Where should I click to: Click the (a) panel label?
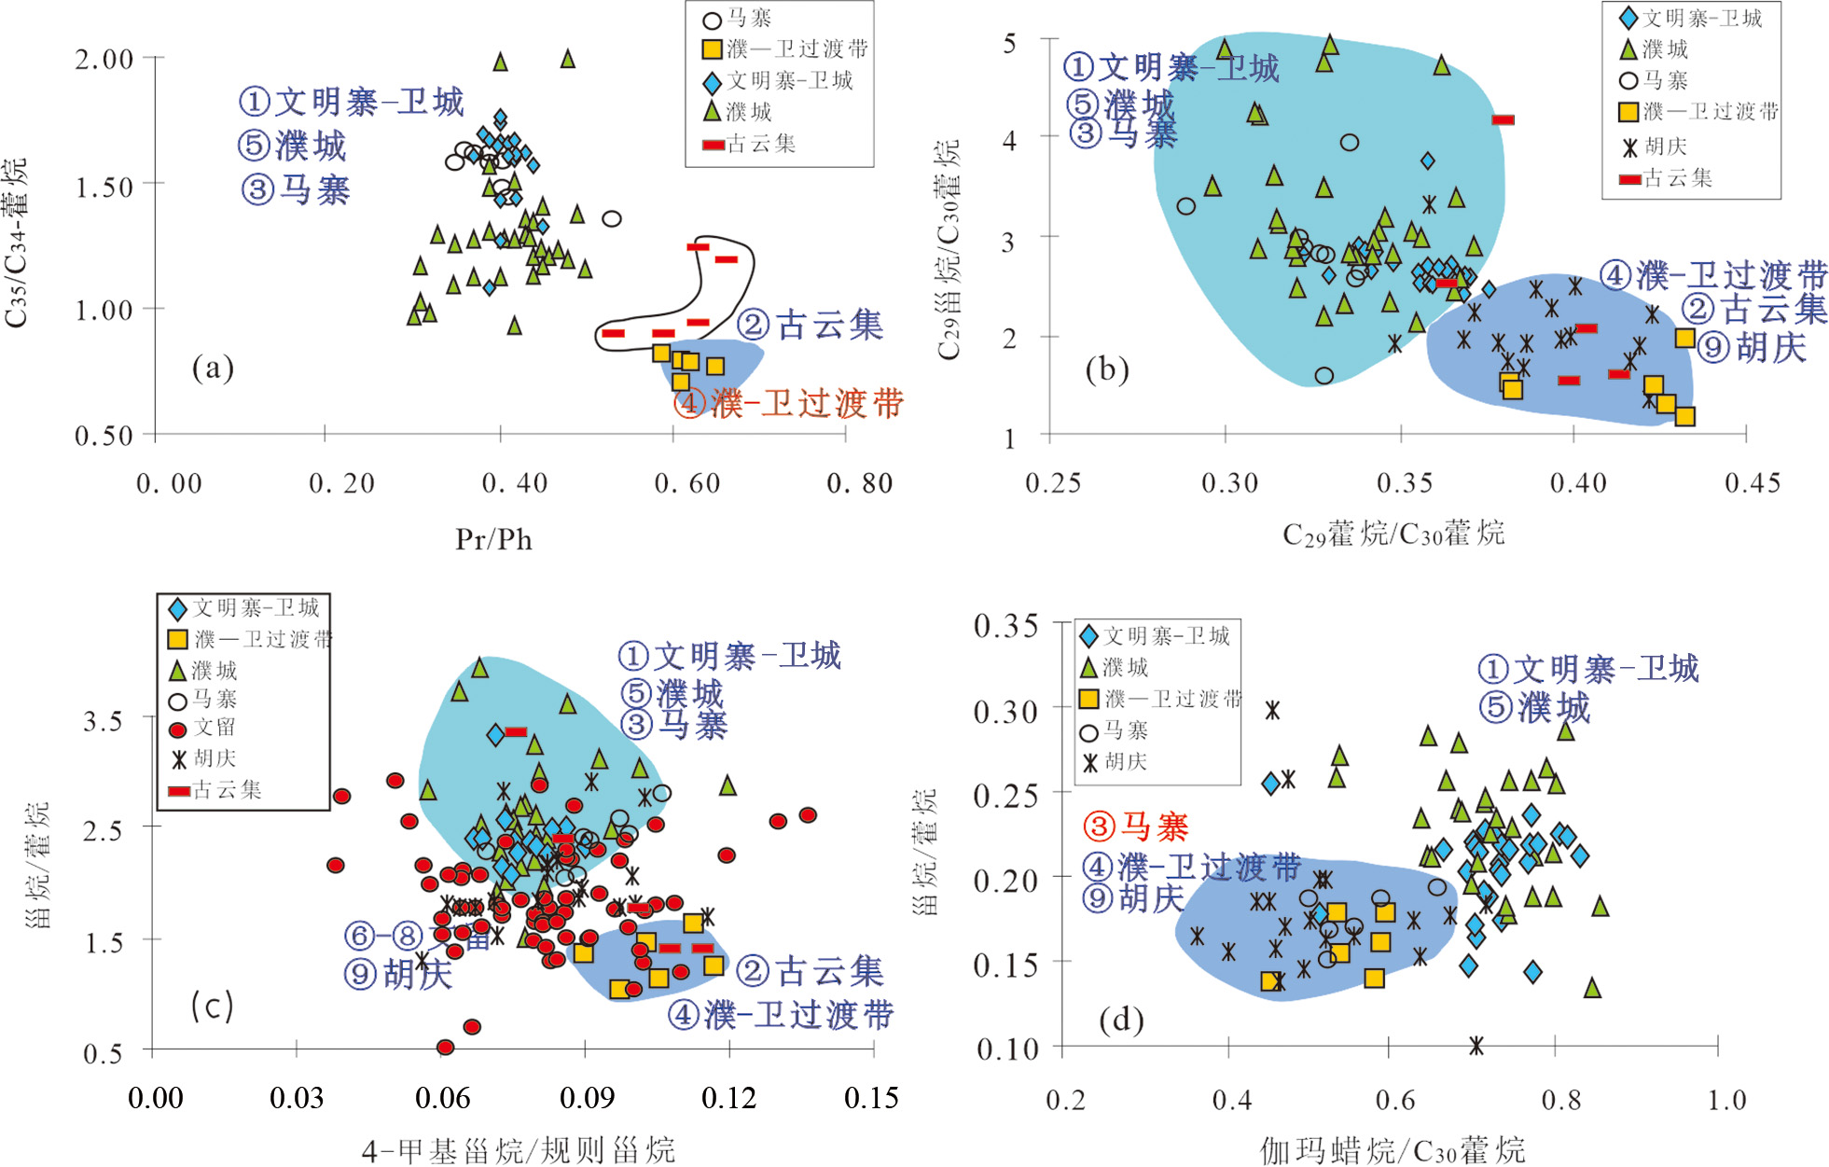coord(213,368)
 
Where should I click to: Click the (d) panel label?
coord(1121,1019)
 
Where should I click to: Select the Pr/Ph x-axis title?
coord(493,539)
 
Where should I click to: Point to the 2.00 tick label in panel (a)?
coord(104,60)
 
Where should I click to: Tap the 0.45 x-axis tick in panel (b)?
coord(1753,483)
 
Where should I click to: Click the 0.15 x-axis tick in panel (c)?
coord(871,1098)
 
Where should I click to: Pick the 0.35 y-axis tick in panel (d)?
coord(1005,626)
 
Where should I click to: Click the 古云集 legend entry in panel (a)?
coord(750,144)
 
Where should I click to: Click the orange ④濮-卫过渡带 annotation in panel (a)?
coord(789,404)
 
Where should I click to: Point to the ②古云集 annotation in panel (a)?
coord(810,325)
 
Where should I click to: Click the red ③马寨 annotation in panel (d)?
coord(1136,827)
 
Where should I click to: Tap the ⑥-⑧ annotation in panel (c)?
coord(384,935)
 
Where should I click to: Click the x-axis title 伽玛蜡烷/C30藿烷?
coord(1393,1150)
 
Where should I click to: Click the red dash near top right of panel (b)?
coord(1503,119)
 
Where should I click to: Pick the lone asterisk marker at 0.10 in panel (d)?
coord(1476,1046)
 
